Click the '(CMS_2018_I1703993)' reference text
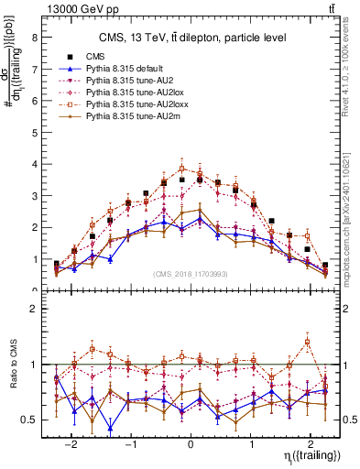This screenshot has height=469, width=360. pyautogui.click(x=191, y=274)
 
